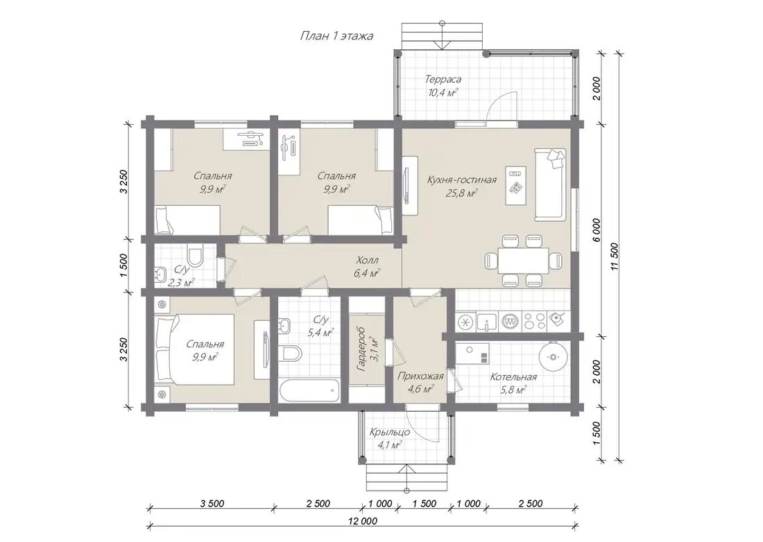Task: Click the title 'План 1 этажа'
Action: point(336,36)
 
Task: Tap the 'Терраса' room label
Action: point(443,79)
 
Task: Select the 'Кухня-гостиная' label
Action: point(462,180)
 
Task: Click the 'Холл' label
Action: point(368,260)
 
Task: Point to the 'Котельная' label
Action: point(513,377)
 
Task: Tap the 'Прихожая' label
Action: point(420,376)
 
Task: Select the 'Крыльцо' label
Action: point(389,432)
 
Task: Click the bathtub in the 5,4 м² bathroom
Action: point(310,390)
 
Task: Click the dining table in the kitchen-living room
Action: point(523,260)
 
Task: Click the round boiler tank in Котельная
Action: point(553,357)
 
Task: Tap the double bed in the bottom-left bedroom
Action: point(195,349)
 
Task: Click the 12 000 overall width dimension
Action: point(363,521)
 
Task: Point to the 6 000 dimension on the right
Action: point(597,229)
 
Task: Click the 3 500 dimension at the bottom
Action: point(212,504)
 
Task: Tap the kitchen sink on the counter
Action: point(487,322)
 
